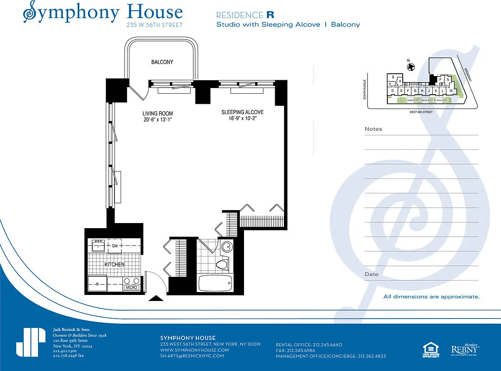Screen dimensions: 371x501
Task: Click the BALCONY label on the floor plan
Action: (162, 62)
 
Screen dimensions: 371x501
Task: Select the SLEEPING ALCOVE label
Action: (242, 112)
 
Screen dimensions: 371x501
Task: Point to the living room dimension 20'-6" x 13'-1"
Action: (157, 120)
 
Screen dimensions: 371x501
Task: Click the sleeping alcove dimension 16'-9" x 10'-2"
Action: (242, 119)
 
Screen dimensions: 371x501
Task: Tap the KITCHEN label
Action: (114, 264)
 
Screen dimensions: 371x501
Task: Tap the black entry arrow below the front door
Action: (155, 299)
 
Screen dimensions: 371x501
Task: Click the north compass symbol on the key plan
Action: (410, 67)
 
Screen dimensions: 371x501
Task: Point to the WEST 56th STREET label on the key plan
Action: (422, 112)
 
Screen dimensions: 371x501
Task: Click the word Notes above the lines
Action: (373, 129)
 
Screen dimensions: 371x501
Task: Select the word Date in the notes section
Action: (371, 274)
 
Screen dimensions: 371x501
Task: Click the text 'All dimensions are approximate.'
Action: (431, 297)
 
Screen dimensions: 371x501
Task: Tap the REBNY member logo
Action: (465, 349)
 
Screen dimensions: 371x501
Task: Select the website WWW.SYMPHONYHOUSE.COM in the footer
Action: (194, 350)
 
